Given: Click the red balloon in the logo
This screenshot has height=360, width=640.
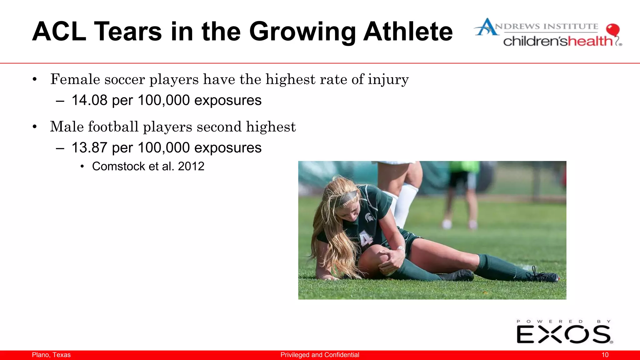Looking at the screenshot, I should tap(612, 30).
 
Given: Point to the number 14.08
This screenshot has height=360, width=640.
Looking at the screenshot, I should tap(89, 100).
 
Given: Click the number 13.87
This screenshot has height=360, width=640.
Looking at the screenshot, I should tap(89, 147).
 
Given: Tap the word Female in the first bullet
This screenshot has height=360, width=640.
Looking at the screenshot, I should tap(75, 79).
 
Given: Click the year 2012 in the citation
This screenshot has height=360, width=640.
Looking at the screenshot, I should tap(191, 166).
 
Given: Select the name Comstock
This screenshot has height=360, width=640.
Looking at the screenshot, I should tap(119, 166).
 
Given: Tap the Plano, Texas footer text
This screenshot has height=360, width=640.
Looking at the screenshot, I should tap(51, 355).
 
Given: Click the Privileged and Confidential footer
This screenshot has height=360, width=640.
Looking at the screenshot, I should tap(320, 355).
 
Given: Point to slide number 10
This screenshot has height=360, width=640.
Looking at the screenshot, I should tap(605, 355).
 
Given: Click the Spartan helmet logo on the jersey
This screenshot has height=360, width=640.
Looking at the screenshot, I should tap(369, 217).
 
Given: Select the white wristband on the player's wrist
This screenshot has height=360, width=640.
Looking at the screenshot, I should tap(400, 248).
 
